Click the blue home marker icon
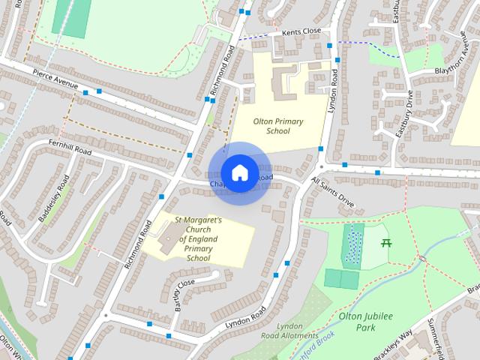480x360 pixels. click(x=239, y=172)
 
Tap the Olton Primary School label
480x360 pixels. click(x=271, y=126)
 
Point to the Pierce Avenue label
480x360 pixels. click(x=55, y=78)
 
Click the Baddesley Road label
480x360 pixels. click(x=53, y=198)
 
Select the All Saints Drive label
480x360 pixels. click(x=332, y=191)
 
